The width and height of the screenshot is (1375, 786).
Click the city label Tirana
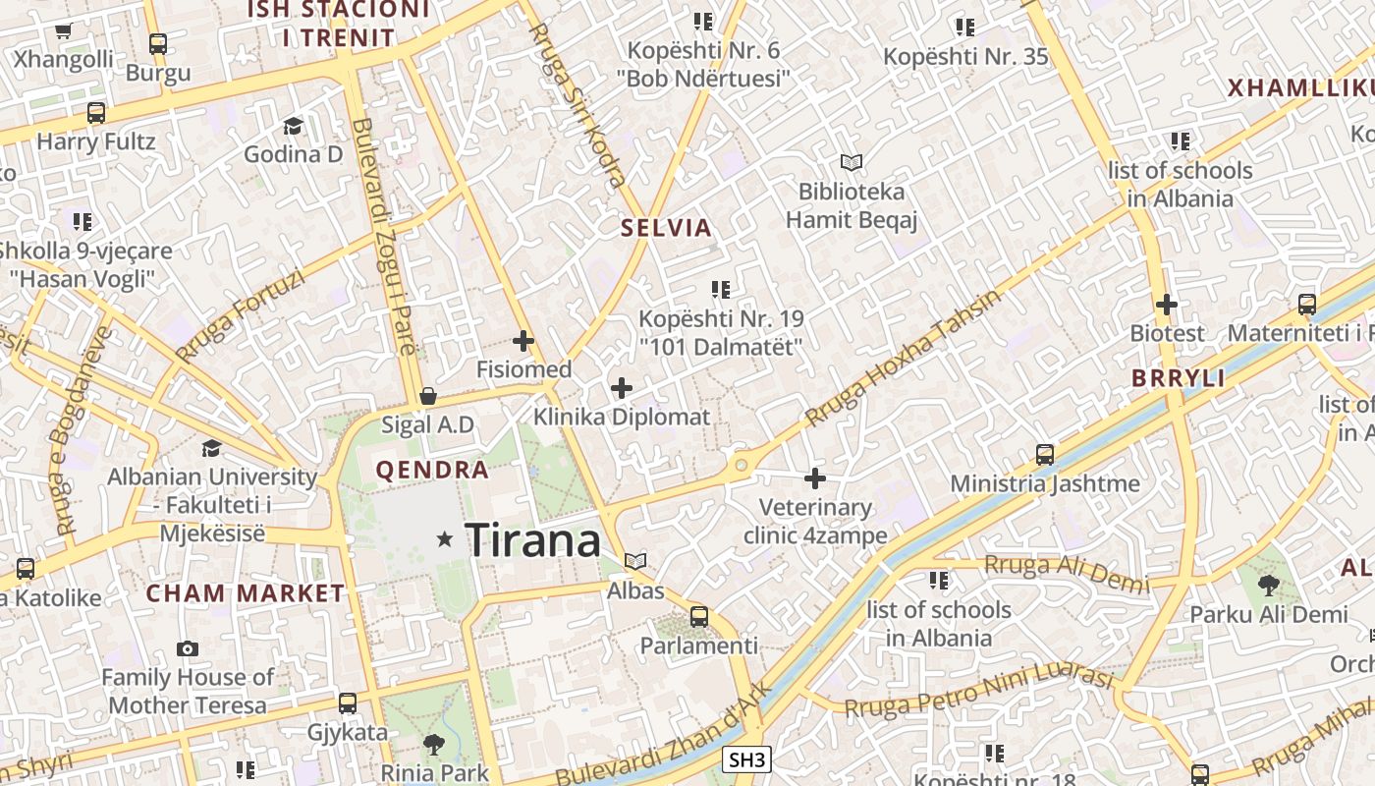pos(532,540)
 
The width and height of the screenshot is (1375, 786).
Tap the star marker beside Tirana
pos(445,538)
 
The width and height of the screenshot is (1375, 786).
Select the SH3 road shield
pos(747,759)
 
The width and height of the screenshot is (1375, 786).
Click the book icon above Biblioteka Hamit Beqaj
pos(852,162)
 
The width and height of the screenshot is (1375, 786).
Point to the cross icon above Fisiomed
pos(523,341)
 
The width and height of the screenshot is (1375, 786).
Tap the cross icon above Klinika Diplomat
pos(622,388)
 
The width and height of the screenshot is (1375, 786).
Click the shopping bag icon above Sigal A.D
pos(428,396)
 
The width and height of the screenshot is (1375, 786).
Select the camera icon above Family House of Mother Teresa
pos(188,648)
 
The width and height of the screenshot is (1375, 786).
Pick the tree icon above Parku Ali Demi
pos(1269,586)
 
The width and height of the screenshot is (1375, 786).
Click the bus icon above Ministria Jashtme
pos(1045,455)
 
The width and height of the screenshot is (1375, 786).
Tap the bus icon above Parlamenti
pos(699,617)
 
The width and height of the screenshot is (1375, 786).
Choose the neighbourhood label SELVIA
pos(666,228)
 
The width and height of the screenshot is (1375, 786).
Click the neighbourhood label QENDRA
pos(432,470)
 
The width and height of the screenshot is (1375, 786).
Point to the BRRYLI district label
pos(1179,378)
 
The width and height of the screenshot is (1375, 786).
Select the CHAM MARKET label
pos(246,593)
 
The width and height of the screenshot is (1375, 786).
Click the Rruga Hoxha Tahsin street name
pos(904,358)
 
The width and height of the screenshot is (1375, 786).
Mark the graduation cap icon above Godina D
pos(293,126)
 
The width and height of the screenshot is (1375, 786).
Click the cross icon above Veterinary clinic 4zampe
pos(815,478)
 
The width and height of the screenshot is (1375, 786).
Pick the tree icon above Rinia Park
pos(433,745)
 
